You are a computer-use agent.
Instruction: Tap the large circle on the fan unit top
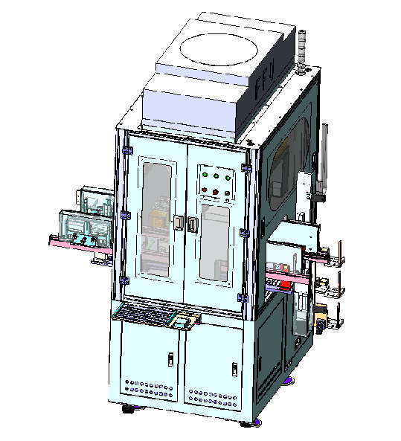pos(219,50)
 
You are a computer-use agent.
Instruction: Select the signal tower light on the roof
pos(301,51)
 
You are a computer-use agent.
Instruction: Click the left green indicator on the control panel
pos(205,175)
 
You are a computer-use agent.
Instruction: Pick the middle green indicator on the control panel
pos(216,176)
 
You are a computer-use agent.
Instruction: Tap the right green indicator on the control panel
pos(228,178)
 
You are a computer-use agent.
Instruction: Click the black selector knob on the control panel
pos(227,194)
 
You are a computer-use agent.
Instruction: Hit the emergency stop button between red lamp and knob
pos(216,192)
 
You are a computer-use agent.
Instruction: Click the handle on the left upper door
pos(178,223)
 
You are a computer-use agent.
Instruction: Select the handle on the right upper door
pos(192,225)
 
